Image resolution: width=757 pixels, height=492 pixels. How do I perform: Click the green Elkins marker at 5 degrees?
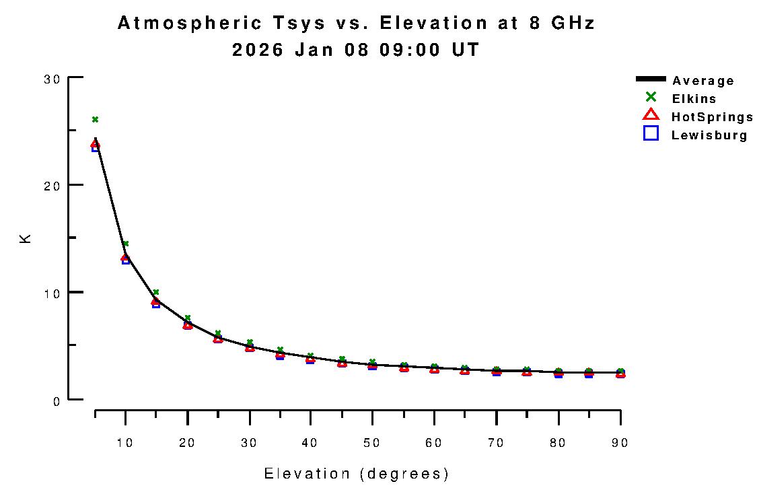(x=95, y=119)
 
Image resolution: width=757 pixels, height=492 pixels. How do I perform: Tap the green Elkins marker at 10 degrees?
(x=125, y=244)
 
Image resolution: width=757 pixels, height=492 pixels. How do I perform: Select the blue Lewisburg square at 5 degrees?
(x=96, y=147)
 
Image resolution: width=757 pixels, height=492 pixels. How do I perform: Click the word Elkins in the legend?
(x=694, y=99)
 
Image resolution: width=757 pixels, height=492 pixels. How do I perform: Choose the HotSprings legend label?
(x=712, y=117)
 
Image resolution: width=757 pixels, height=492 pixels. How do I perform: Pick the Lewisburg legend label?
(x=709, y=135)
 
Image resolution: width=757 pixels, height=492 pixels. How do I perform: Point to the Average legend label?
(x=703, y=81)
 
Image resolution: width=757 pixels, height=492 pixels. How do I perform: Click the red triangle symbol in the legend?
(x=651, y=115)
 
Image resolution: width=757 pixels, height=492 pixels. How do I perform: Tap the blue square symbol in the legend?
(x=651, y=133)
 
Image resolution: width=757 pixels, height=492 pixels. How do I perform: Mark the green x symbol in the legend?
(x=651, y=97)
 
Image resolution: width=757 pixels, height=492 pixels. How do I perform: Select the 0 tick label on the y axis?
(x=57, y=400)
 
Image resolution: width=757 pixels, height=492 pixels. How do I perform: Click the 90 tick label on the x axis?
(x=620, y=442)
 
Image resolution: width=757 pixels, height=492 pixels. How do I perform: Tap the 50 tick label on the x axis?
(x=372, y=442)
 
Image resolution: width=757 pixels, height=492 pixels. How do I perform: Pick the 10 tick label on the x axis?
(x=125, y=442)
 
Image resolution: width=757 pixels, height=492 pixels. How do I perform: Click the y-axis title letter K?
(x=26, y=238)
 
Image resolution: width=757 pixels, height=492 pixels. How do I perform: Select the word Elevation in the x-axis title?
(x=307, y=474)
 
